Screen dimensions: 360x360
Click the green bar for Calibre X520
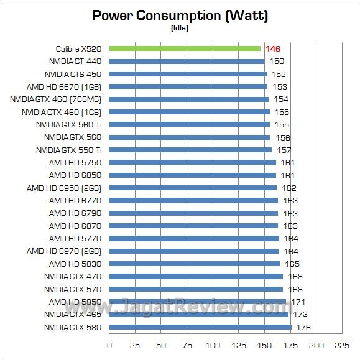(185, 48)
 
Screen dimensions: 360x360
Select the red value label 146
(273, 48)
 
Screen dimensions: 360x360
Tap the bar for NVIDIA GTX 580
(200, 327)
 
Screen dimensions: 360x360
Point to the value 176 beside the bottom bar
(303, 327)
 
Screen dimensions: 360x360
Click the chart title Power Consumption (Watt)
(180, 16)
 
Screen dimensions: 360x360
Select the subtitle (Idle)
(180, 28)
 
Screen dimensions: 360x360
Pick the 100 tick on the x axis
(213, 345)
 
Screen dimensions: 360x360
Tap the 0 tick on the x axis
(109, 345)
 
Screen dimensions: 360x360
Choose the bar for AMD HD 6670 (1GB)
(188, 86)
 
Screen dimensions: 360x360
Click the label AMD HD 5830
(79, 264)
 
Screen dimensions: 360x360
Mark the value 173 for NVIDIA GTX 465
(300, 315)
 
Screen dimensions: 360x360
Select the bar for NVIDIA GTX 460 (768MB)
(189, 99)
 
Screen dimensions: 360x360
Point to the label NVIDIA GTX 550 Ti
(69, 150)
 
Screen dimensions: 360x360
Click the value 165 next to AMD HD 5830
(292, 264)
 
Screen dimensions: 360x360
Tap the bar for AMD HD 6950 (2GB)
(193, 188)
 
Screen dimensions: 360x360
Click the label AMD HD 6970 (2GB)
(63, 251)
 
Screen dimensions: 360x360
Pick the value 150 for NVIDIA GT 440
(277, 62)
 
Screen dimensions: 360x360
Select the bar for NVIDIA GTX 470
(196, 276)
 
